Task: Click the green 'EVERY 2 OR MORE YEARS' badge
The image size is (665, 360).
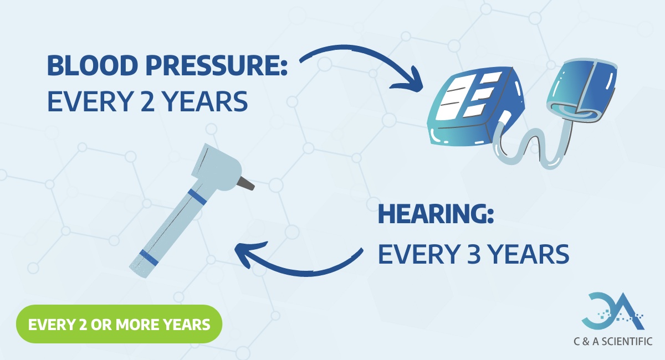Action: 119,324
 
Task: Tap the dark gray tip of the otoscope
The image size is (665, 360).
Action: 247,183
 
